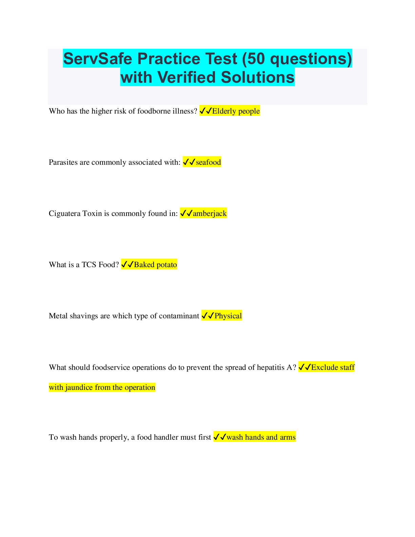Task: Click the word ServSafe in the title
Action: point(98,59)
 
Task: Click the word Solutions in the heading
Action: point(258,77)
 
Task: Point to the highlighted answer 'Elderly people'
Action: point(236,111)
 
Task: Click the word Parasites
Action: point(63,162)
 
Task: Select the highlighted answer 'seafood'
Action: point(208,162)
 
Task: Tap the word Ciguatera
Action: point(64,213)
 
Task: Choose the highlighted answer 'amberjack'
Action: point(210,213)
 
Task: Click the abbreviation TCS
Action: point(89,265)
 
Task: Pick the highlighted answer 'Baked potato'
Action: point(156,265)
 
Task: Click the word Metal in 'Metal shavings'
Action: point(58,316)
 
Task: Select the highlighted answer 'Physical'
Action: point(228,316)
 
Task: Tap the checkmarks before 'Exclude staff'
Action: point(304,367)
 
